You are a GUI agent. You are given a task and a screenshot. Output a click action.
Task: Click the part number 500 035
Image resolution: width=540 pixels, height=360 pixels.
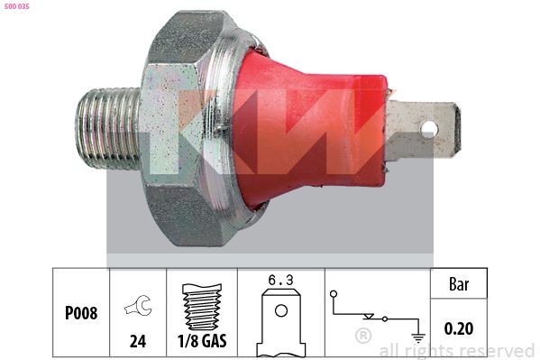coord(17,8)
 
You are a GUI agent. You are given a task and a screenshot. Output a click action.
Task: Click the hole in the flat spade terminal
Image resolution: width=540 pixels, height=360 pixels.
coord(429,128)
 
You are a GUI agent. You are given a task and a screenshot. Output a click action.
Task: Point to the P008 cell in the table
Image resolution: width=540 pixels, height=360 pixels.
coord(80,313)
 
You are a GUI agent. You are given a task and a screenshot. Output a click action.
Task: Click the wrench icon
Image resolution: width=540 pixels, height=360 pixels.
coord(141,307)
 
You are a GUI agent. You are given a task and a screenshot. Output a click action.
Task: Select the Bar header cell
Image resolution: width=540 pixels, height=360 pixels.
coord(460,283)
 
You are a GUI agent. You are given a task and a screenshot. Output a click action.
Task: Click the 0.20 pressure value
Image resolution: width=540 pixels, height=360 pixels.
coord(460,329)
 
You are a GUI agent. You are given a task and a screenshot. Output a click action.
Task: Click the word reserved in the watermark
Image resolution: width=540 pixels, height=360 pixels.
coord(495,350)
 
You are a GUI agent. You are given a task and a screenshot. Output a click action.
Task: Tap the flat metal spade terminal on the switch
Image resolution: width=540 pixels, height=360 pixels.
coord(424,128)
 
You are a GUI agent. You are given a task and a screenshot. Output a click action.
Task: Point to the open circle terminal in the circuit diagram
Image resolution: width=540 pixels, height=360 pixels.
coord(334,293)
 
